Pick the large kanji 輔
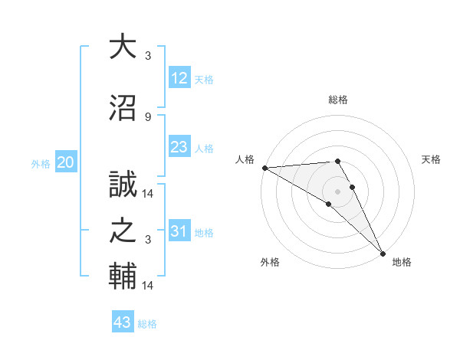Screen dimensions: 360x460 coord(123,277)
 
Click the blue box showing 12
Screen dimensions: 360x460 coord(179,78)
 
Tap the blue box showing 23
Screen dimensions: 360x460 coord(179,147)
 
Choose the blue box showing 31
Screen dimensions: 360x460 coord(179,231)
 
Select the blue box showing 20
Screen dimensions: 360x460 coord(66,162)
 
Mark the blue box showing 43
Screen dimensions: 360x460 coord(123,322)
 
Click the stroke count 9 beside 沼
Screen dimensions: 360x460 coord(148,116)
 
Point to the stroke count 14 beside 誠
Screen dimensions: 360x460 coord(148,194)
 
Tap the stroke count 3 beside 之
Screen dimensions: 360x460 coord(148,240)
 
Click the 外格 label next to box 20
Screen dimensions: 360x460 coord(41,163)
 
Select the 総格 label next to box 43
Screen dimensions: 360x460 coord(147,324)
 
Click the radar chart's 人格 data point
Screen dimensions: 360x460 coord(264,168)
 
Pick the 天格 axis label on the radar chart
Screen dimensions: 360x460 coord(432,159)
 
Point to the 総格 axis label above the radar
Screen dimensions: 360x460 coord(337,100)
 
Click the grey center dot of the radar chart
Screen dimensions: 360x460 coord(337,191)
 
